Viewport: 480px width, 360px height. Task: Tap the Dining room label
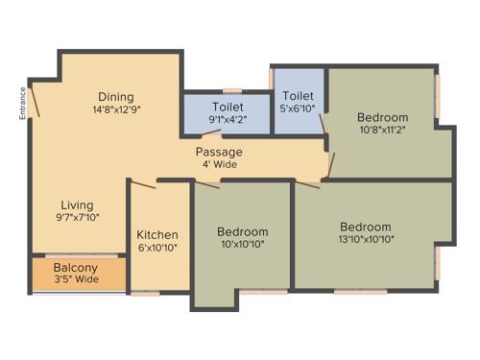pyautogui.click(x=115, y=97)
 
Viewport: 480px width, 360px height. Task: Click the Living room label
pyautogui.click(x=77, y=205)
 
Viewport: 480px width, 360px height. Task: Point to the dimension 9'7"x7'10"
pyautogui.click(x=77, y=218)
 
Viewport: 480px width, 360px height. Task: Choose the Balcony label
pyautogui.click(x=74, y=268)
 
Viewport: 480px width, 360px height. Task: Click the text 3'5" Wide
pyautogui.click(x=75, y=280)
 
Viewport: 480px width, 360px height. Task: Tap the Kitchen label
pyautogui.click(x=157, y=235)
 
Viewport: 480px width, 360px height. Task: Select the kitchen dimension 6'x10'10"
pyautogui.click(x=157, y=248)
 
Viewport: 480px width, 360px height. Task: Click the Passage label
pyautogui.click(x=219, y=152)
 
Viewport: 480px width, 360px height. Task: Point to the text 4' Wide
pyautogui.click(x=219, y=164)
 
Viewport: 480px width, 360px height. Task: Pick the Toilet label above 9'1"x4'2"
pyautogui.click(x=228, y=107)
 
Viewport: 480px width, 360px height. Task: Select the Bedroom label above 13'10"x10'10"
pyautogui.click(x=366, y=227)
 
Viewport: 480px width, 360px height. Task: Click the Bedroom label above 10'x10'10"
pyautogui.click(x=242, y=231)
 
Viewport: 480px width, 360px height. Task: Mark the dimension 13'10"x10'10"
pyautogui.click(x=366, y=239)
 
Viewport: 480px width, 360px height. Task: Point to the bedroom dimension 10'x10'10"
pyautogui.click(x=242, y=244)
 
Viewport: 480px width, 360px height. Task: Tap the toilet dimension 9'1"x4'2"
pyautogui.click(x=228, y=119)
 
